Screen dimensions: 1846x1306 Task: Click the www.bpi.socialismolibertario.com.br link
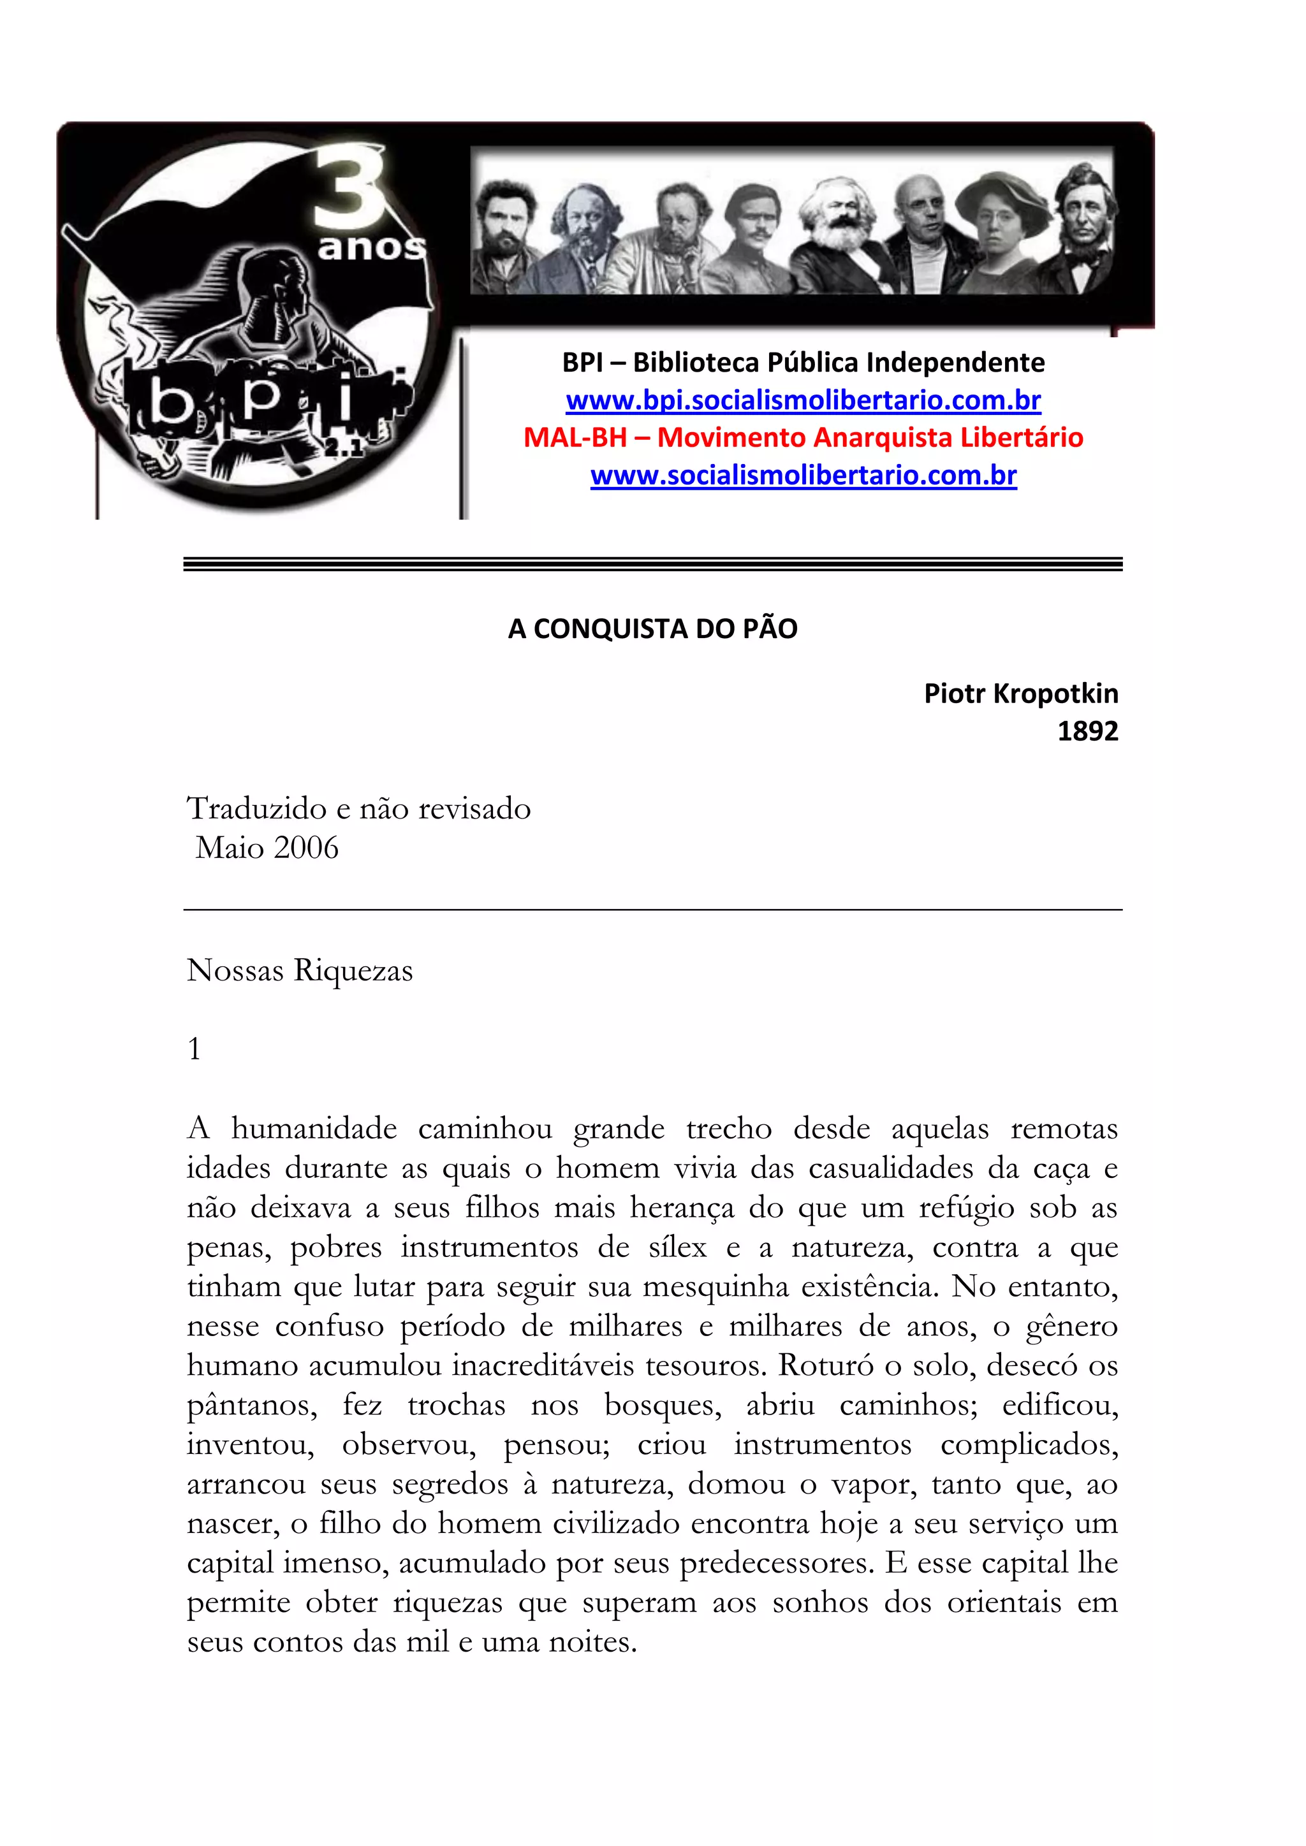(x=803, y=400)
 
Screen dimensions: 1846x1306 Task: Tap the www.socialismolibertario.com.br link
(x=803, y=475)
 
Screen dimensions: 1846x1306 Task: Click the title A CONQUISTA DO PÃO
(x=652, y=629)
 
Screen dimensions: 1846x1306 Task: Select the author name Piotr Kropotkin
(x=1020, y=693)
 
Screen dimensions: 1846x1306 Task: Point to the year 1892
(x=1087, y=731)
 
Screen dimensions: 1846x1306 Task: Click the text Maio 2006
(x=267, y=847)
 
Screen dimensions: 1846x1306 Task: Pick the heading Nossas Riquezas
(x=300, y=970)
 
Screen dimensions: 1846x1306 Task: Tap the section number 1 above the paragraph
(x=194, y=1049)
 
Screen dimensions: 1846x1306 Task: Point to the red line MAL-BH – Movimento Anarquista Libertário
(x=803, y=437)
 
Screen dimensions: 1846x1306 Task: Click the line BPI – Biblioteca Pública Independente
(x=803, y=363)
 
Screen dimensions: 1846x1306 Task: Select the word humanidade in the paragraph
(x=314, y=1129)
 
